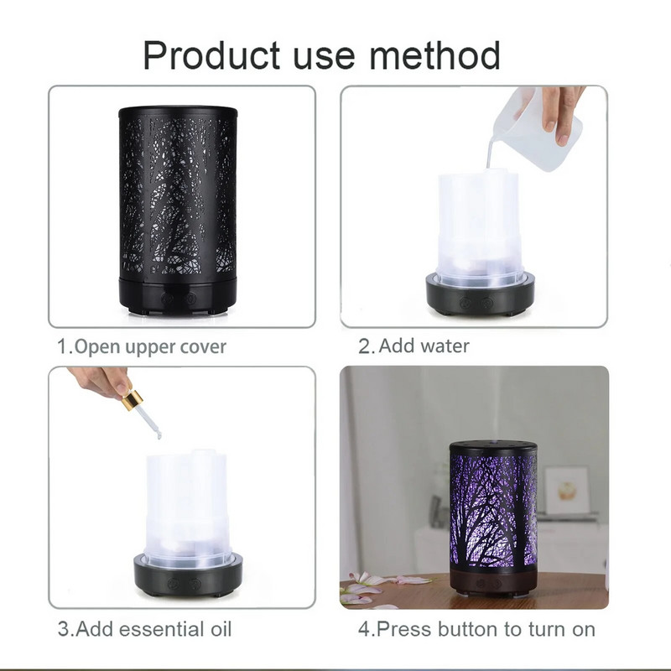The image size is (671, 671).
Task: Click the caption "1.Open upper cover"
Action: point(142,346)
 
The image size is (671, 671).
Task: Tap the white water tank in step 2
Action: point(479,222)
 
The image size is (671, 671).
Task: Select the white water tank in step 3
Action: point(186,503)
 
